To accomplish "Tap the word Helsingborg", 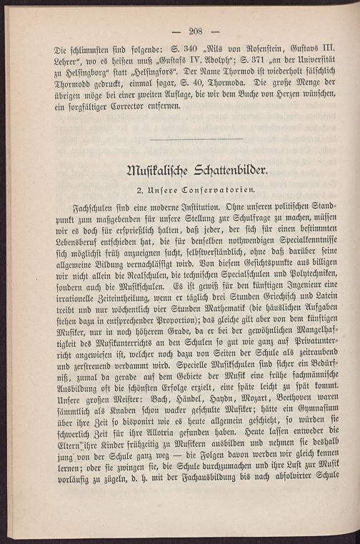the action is pyautogui.click(x=79, y=76).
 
